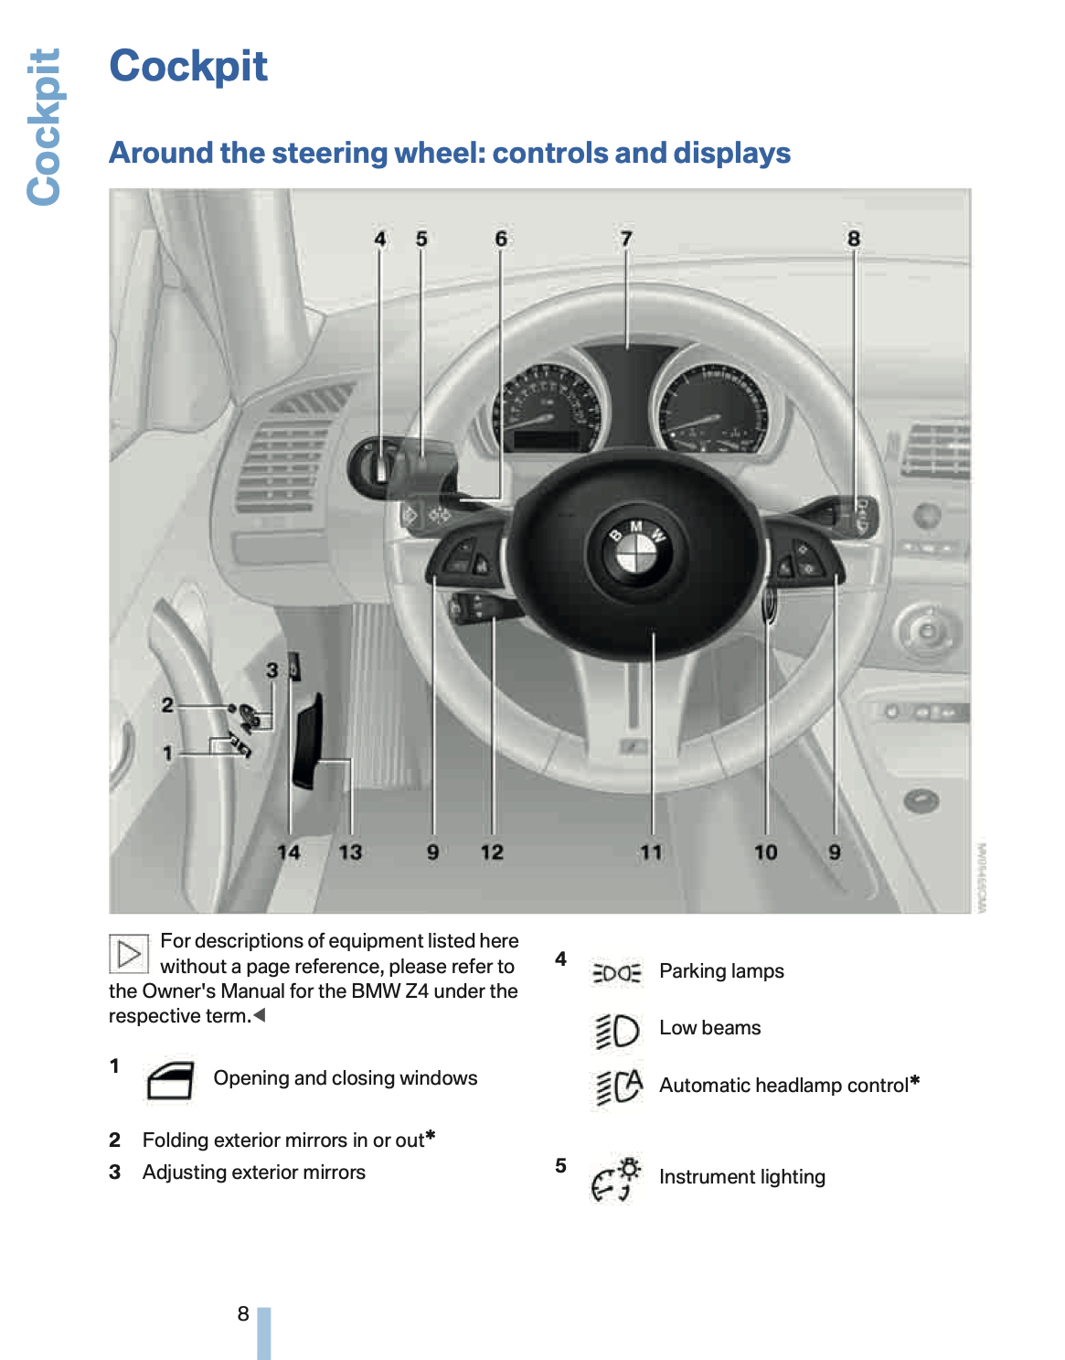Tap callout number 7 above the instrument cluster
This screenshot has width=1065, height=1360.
point(626,239)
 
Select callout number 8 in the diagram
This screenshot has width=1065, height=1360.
point(853,239)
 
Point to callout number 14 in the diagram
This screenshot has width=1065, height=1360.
point(289,852)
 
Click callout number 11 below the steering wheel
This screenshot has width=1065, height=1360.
point(651,852)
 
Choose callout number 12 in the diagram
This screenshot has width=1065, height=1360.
point(492,852)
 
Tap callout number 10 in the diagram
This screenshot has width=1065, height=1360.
point(766,852)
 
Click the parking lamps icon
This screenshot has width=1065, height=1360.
point(617,972)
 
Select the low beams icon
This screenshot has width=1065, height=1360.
point(617,1030)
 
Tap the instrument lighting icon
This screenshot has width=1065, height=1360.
point(616,1178)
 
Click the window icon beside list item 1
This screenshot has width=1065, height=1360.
point(170,1080)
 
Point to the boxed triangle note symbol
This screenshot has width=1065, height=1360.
point(129,953)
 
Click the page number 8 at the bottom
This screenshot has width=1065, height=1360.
point(243,1313)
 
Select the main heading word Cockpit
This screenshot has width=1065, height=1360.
point(188,66)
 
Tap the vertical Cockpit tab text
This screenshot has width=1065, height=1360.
point(44,126)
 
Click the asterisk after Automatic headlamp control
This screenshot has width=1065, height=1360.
point(915,1081)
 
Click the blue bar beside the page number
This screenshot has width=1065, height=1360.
point(263,1333)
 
